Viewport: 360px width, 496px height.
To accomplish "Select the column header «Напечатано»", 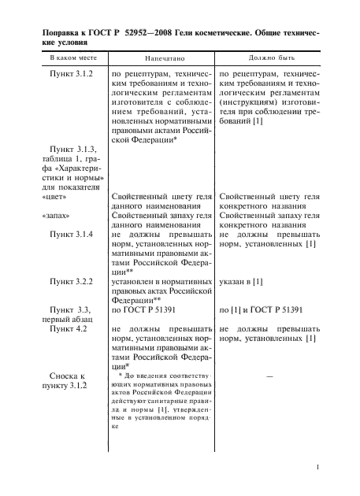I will click(162, 59).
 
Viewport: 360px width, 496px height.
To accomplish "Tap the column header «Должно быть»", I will click(271, 59).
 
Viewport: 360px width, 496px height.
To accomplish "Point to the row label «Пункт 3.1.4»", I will click(72, 235).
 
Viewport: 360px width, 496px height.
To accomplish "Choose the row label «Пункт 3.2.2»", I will click(72, 280).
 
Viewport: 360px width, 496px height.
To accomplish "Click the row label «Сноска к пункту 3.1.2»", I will click(71, 383).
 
